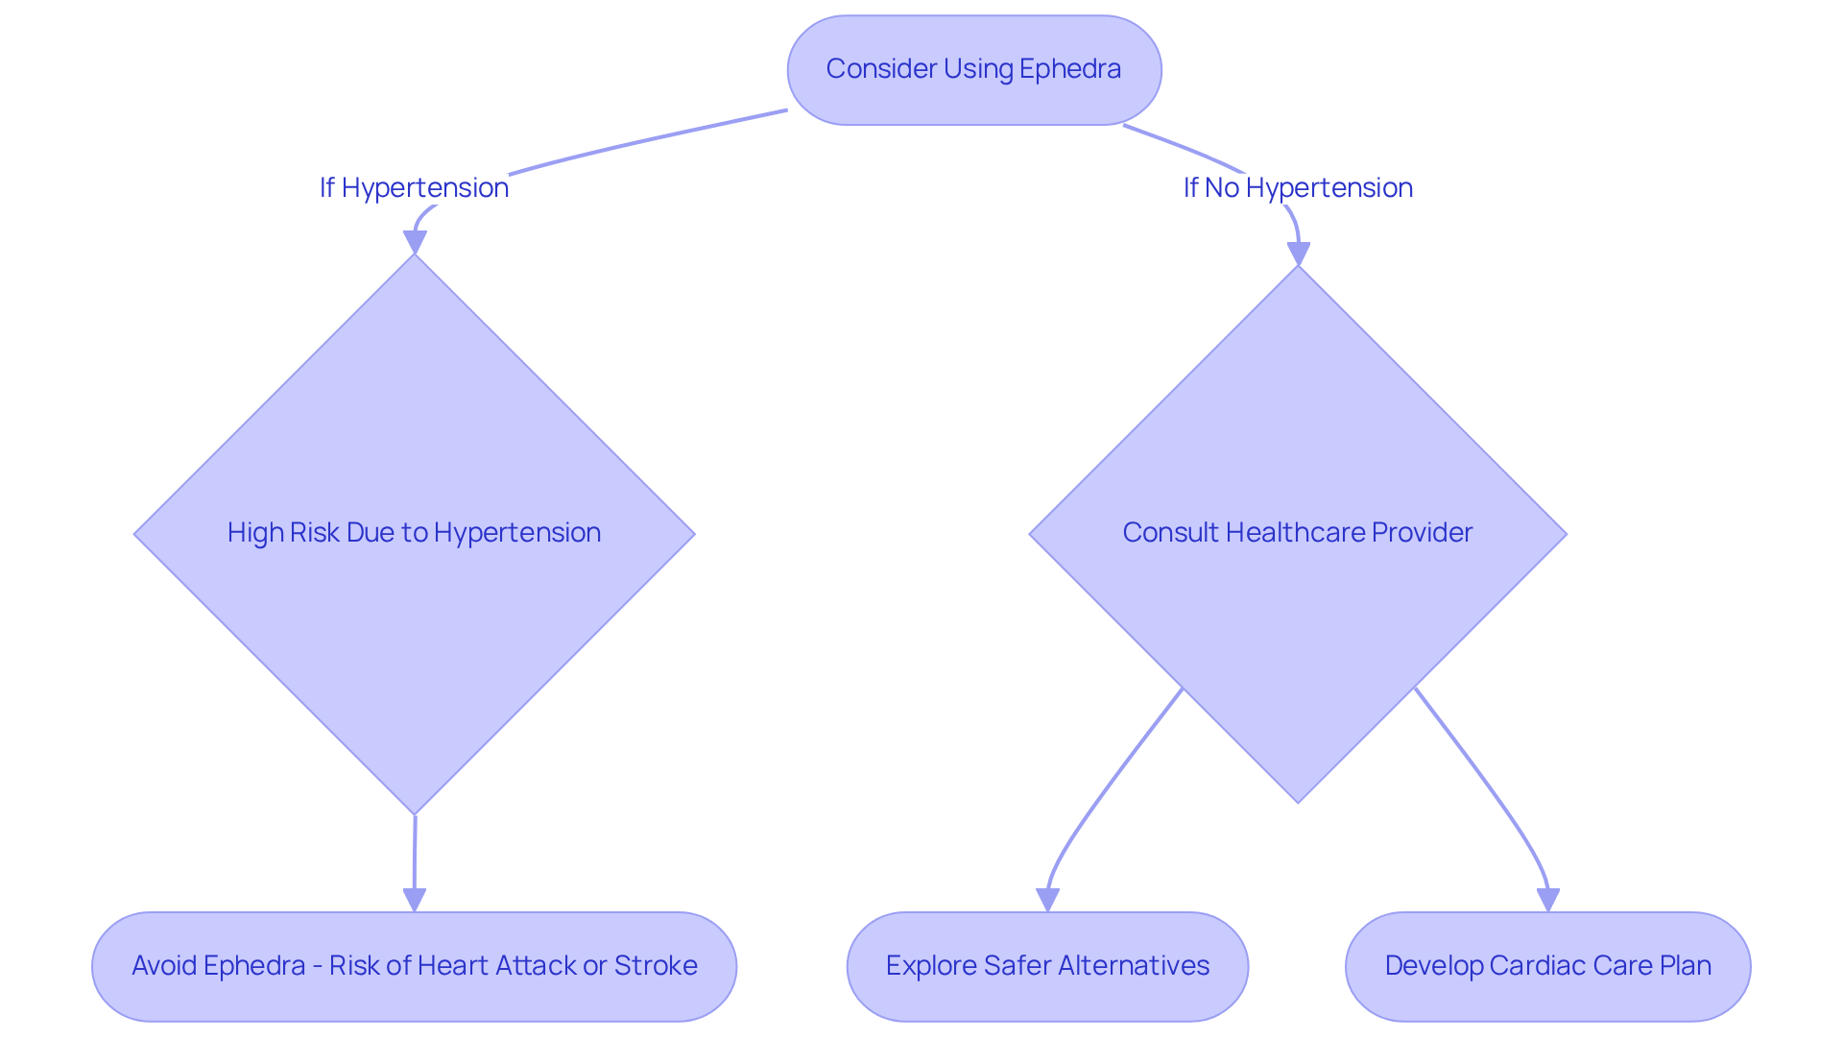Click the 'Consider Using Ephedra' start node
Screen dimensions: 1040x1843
coord(973,69)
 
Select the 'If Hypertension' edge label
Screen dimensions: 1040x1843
coord(414,187)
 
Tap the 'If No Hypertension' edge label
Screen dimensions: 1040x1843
coord(1297,187)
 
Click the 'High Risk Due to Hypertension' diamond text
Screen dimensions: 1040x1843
coord(414,532)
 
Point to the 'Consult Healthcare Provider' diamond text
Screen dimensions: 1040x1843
coord(1297,532)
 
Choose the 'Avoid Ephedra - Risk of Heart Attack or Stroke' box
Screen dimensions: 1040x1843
coord(414,965)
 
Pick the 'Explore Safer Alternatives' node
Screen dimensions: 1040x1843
coord(1047,965)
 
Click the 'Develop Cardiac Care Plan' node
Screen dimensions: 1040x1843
coord(1547,965)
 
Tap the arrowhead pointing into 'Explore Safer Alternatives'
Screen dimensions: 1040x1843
coord(1047,900)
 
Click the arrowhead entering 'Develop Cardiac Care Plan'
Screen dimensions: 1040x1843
coord(1547,900)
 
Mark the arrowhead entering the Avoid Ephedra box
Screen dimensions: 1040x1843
coord(414,900)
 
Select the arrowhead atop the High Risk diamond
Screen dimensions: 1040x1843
coord(414,242)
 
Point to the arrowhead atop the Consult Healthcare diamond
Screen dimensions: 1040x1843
coord(1298,254)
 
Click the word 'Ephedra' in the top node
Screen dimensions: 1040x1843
coord(1070,69)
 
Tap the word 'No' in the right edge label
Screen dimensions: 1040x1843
coord(1222,187)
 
